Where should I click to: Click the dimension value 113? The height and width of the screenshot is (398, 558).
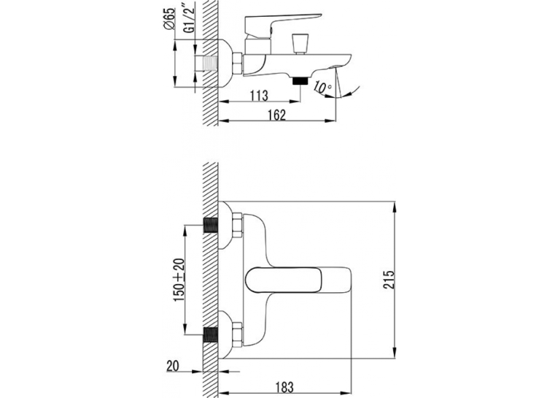pyautogui.click(x=259, y=96)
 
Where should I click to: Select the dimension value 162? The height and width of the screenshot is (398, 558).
pyautogui.click(x=276, y=115)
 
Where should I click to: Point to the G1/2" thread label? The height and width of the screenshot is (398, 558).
pyautogui.click(x=191, y=21)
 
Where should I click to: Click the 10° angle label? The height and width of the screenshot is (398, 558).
pyautogui.click(x=323, y=88)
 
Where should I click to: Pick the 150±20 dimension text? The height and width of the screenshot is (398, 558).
pyautogui.click(x=179, y=280)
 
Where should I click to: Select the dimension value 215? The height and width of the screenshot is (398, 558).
pyautogui.click(x=390, y=280)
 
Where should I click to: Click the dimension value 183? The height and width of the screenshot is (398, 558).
pyautogui.click(x=284, y=387)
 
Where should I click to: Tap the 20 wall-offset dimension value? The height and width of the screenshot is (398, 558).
pyautogui.click(x=173, y=366)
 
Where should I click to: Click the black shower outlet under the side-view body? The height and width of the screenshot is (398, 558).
pyautogui.click(x=300, y=81)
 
